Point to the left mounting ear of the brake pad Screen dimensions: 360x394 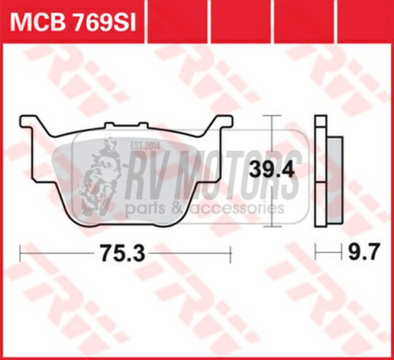click(30, 124)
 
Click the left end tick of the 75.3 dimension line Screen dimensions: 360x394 click(20, 253)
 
